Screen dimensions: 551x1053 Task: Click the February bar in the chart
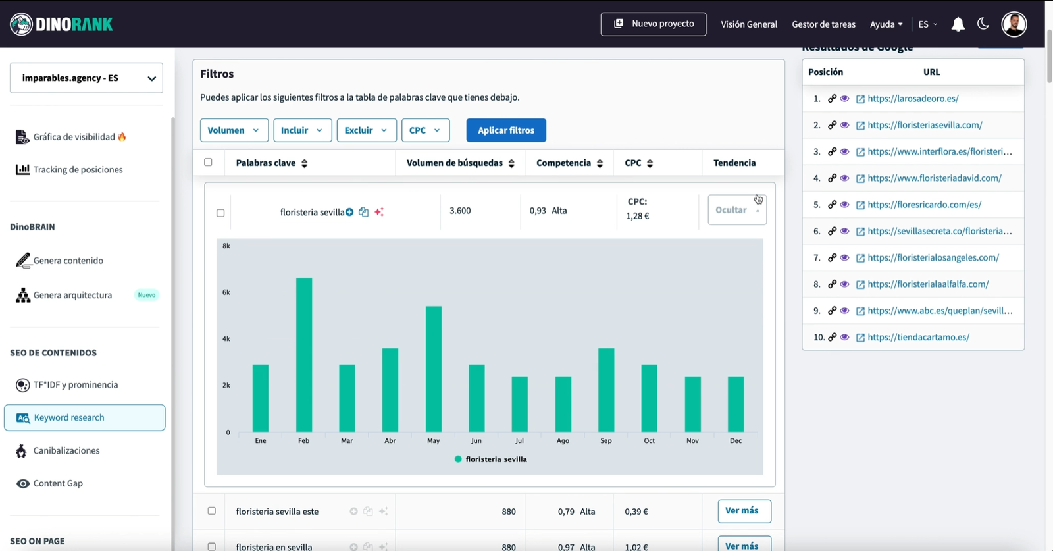[303, 355]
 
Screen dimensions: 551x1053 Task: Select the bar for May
[433, 369]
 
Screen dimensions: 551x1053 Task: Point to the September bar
[606, 390]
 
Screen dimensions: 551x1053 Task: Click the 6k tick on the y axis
[226, 292]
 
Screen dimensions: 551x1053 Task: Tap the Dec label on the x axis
[735, 441]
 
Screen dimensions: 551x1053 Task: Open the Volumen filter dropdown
[234, 130]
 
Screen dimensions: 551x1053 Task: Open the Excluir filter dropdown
[366, 130]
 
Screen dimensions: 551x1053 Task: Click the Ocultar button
[736, 210]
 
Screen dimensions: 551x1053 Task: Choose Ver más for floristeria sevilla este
[744, 511]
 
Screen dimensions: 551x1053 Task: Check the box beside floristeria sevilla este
[211, 511]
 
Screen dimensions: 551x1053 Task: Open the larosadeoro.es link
[912, 99]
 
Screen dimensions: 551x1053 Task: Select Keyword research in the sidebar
[84, 418]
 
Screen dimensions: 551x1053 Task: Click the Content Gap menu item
[58, 483]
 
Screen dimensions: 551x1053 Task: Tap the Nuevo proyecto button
[653, 24]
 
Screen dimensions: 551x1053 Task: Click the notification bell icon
[958, 24]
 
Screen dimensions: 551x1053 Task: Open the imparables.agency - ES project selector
[86, 78]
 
